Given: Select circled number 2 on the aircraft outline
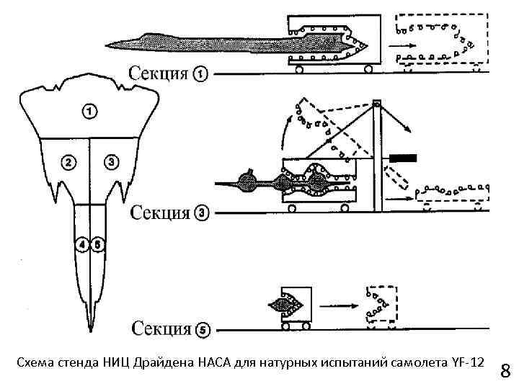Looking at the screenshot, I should (68, 162).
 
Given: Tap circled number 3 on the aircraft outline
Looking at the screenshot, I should (111, 162).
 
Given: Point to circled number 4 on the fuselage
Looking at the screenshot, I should (84, 245).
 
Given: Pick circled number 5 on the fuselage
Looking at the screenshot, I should (97, 245).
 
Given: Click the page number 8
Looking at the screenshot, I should (505, 372).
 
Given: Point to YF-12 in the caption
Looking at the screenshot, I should (469, 360).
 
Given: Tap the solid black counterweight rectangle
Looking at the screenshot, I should (404, 156).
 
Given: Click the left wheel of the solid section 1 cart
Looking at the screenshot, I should (297, 69).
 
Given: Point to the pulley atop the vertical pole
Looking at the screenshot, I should (376, 104).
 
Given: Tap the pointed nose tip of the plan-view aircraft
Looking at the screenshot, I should (90, 332).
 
